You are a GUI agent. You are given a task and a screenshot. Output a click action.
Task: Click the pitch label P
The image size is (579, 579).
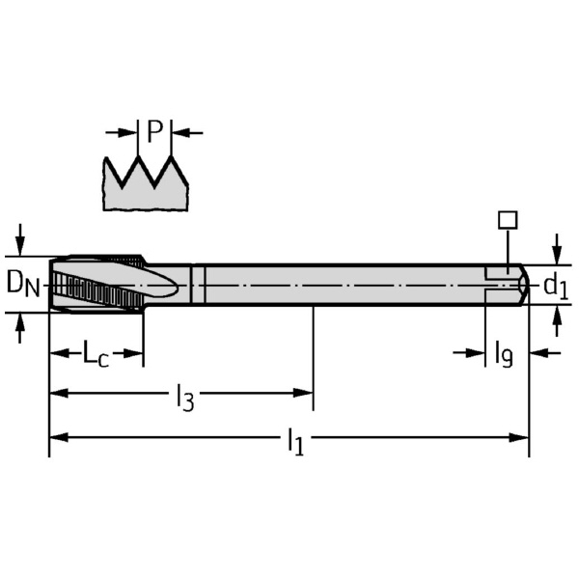pos(155,131)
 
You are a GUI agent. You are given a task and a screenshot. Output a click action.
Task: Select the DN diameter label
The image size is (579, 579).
pos(23,284)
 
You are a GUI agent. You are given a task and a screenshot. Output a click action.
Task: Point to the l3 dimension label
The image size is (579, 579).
pos(183,396)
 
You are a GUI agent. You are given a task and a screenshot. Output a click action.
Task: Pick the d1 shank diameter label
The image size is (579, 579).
pos(555,285)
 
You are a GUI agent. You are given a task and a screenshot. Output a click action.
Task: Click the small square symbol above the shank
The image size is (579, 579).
pos(507,220)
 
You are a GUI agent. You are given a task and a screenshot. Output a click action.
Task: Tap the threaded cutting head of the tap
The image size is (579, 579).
pos(96,284)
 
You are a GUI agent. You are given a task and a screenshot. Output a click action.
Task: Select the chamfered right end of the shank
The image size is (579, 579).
pos(522,284)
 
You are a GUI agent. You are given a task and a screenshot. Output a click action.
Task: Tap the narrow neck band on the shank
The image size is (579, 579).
pos(198,284)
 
